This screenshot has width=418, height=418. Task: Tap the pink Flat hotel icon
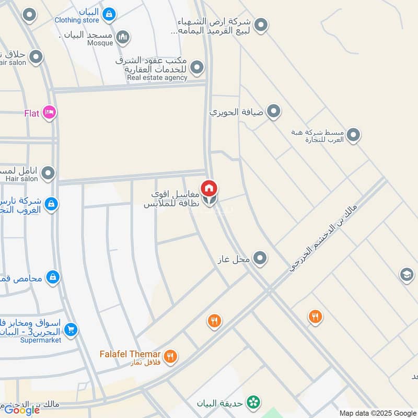click(49, 112)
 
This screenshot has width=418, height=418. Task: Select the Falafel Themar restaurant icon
click(170, 356)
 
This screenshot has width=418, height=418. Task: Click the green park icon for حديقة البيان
click(254, 402)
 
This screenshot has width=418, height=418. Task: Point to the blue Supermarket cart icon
click(71, 330)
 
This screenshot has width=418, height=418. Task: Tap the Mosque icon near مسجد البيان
click(123, 37)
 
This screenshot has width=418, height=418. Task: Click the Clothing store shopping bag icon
click(109, 14)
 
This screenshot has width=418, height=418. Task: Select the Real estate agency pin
click(197, 67)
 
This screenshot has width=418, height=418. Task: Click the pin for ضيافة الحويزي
click(273, 111)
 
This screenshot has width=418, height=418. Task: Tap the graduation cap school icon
click(407, 275)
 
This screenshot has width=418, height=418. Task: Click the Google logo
click(22, 410)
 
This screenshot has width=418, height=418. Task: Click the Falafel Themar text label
click(130, 354)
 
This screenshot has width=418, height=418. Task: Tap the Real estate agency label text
click(157, 78)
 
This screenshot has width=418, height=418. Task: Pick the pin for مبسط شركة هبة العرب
click(354, 135)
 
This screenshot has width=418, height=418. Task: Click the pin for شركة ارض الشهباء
click(261, 25)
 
